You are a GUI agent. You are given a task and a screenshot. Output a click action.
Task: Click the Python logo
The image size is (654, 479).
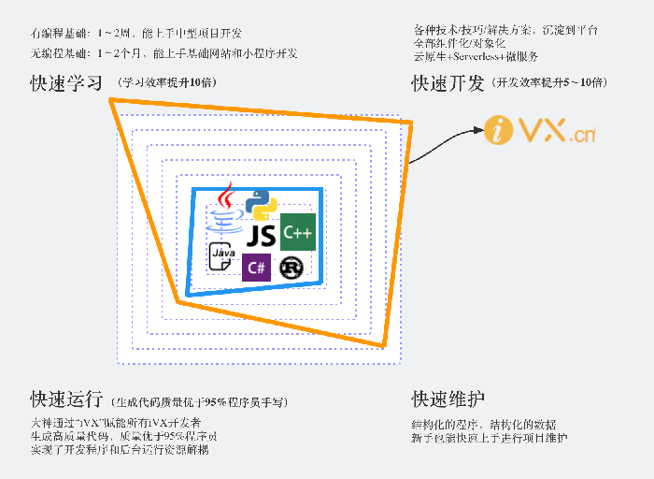pyautogui.click(x=261, y=205)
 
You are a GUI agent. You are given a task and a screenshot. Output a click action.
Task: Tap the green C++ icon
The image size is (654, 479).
pyautogui.click(x=297, y=231)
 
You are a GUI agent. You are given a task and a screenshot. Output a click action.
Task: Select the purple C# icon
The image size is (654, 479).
pyautogui.click(x=257, y=268)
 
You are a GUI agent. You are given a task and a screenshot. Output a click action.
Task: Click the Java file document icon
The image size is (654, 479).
pyautogui.click(x=221, y=255)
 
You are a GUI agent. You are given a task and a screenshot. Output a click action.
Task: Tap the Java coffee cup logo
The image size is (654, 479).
pyautogui.click(x=225, y=208)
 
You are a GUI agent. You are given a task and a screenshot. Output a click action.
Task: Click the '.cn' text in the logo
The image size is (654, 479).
pyautogui.click(x=583, y=135)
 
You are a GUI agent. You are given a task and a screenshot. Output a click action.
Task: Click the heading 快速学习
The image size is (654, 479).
pyautogui.click(x=65, y=84)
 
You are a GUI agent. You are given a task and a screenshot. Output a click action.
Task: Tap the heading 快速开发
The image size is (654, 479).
pyautogui.click(x=448, y=84)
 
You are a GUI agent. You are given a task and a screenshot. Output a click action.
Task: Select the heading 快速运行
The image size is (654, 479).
pyautogui.click(x=65, y=399)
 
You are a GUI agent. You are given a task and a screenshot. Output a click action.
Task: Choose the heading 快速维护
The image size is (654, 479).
pyautogui.click(x=448, y=399)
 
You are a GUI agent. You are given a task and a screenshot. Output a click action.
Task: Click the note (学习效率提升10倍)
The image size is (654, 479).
pyautogui.click(x=167, y=83)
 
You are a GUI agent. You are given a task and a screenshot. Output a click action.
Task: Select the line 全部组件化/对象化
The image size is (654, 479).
pyautogui.click(x=459, y=43)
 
